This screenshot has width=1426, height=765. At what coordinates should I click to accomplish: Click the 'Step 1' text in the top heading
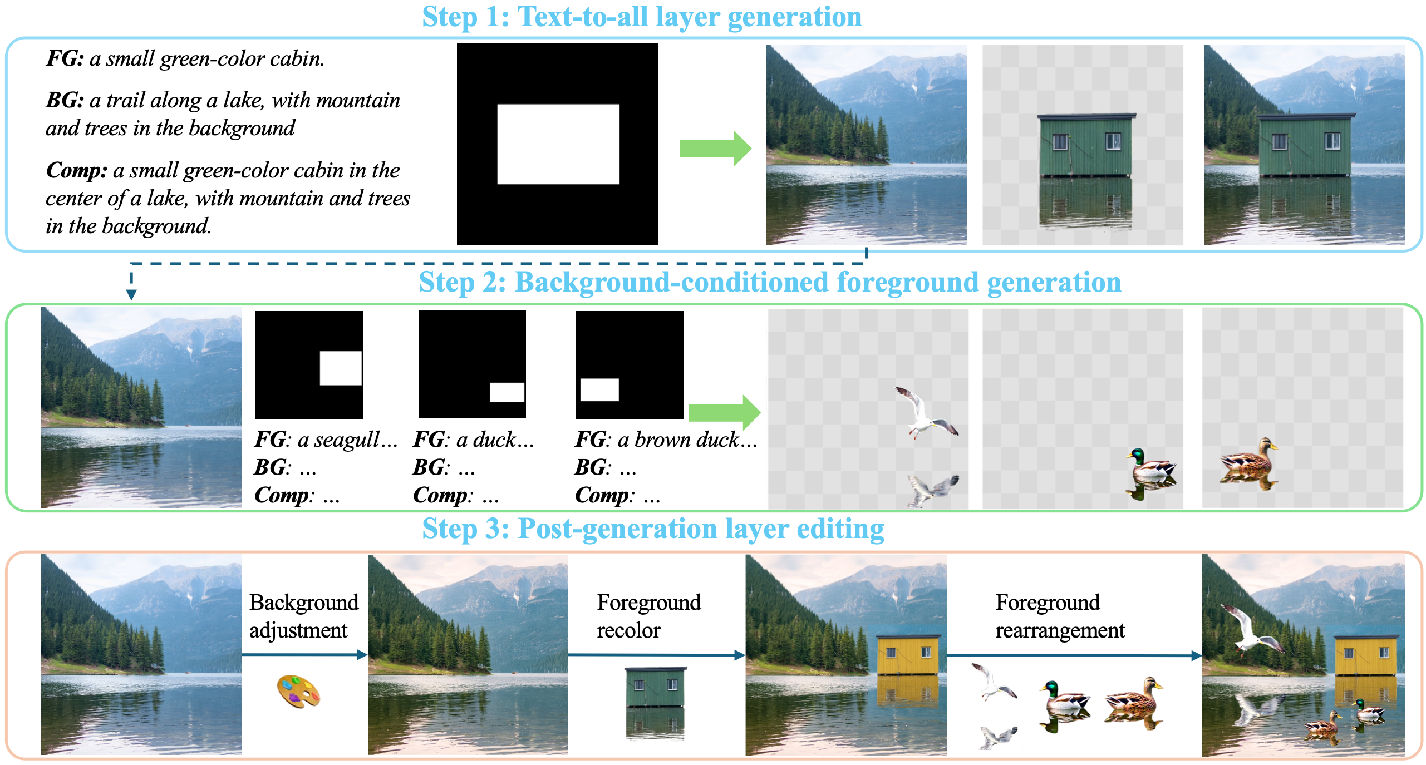[465, 17]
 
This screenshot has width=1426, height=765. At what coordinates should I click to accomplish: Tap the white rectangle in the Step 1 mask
[558, 144]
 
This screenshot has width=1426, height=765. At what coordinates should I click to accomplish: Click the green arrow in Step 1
[715, 149]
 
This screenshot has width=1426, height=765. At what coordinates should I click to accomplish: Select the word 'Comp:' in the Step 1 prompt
[76, 170]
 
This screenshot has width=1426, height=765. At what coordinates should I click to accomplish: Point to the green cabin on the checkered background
[1085, 146]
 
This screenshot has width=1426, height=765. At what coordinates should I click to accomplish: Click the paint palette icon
[299, 691]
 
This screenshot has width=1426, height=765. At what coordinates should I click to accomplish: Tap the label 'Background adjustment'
[303, 616]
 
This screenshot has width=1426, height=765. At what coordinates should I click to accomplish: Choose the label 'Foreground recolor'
[648, 616]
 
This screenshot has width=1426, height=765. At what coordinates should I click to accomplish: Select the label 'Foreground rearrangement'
[1059, 616]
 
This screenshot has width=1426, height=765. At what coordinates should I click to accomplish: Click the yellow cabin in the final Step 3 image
[1365, 654]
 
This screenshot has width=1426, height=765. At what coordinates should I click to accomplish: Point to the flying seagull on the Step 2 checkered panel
[925, 413]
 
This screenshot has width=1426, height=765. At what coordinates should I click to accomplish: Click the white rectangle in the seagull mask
[341, 368]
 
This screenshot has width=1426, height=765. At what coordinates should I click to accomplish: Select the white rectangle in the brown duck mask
[599, 389]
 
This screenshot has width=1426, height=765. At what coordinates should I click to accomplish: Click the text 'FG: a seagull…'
[326, 440]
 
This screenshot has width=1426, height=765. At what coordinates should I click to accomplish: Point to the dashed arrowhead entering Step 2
[131, 294]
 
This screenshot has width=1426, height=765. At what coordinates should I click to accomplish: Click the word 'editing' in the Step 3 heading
[840, 529]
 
